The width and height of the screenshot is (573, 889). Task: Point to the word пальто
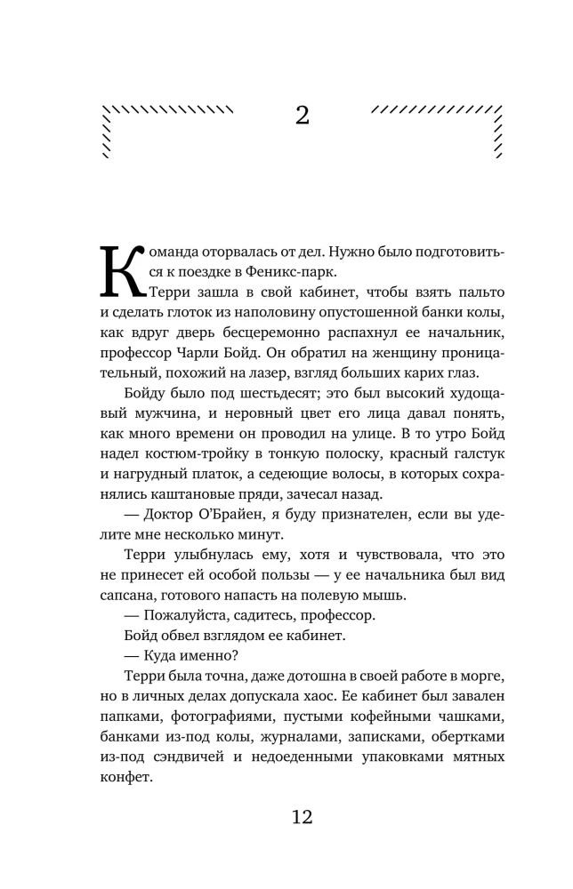click(476, 292)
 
